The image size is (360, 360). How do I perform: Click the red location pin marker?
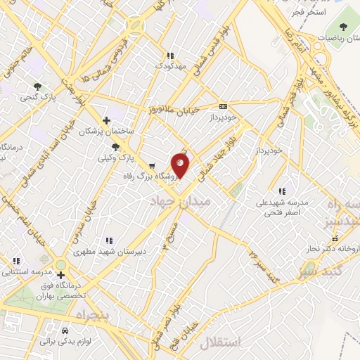[x=181, y=165]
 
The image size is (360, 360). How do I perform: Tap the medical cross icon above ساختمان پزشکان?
[x=106, y=120]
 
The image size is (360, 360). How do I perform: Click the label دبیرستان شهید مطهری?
[x=108, y=251]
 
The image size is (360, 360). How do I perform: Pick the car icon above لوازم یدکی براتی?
[x=65, y=330]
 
